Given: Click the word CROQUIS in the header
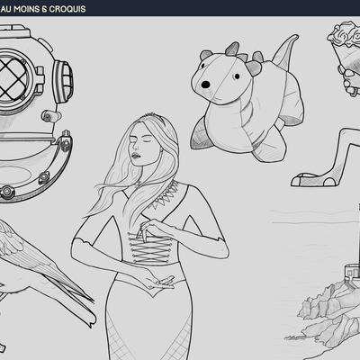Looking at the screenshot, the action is coord(67,9).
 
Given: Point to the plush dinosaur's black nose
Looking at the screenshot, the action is coord(205,85).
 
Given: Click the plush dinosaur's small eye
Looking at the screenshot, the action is coord(237,76).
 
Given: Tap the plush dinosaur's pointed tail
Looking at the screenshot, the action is coord(286,51).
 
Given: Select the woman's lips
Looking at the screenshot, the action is coord(136,156).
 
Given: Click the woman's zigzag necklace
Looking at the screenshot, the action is coord(165,196).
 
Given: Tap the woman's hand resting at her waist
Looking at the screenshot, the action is coord(157,281).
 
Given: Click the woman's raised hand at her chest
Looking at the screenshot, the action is coord(154,229).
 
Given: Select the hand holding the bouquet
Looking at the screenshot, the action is coord(350,81).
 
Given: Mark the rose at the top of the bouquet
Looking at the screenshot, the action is coord(345,34).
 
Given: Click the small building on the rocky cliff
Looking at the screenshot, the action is coord(352,271).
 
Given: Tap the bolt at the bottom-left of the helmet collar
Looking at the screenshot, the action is coord(6,191).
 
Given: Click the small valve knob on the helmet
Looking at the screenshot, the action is coord(49,115).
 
